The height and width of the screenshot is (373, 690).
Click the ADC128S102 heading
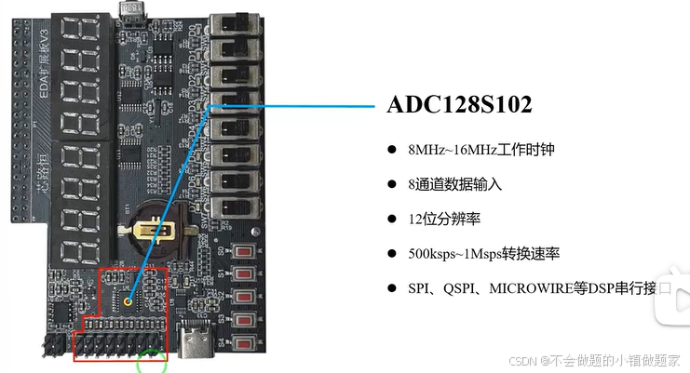point(459,105)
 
